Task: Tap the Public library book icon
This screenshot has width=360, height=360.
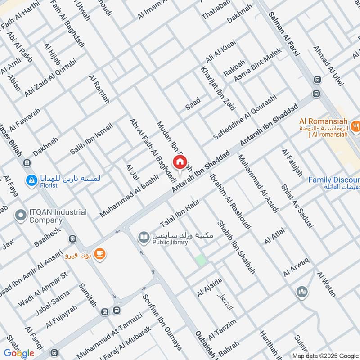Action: pyautogui.click(x=144, y=236)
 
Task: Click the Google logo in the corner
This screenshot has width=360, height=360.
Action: pyautogui.click(x=19, y=353)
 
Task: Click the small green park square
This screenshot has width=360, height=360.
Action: pyautogui.click(x=200, y=260)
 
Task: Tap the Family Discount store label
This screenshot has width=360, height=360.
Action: pyautogui.click(x=333, y=180)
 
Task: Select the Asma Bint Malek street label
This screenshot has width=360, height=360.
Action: pyautogui.click(x=257, y=65)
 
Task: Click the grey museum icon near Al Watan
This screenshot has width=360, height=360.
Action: pyautogui.click(x=302, y=292)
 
